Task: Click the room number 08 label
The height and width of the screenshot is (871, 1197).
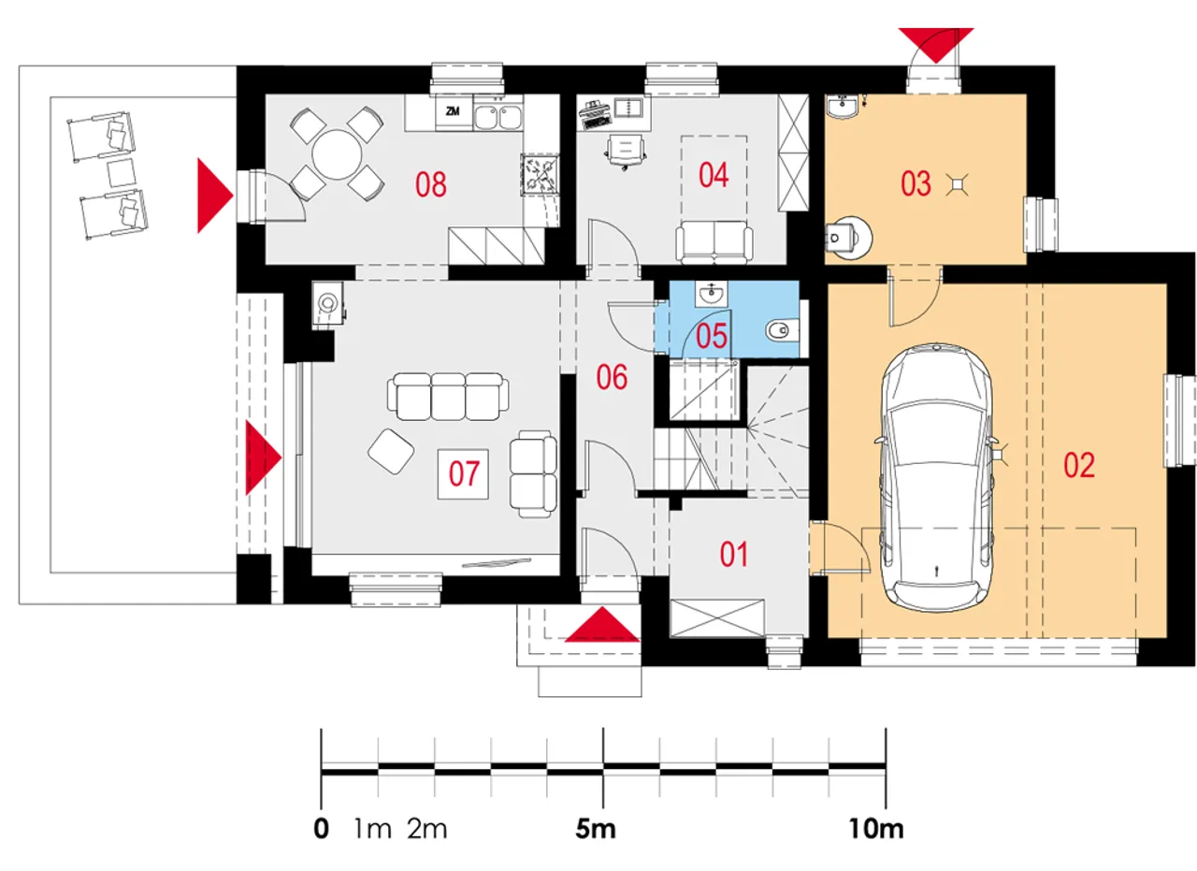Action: tap(431, 184)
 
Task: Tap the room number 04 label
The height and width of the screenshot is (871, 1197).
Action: tap(713, 175)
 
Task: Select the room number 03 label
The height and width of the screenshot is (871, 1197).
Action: tap(916, 183)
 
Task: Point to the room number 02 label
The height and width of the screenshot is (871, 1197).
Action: tap(1078, 465)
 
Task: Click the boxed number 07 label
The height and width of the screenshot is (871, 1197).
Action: tap(464, 474)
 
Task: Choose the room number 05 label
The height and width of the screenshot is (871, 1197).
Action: tap(712, 336)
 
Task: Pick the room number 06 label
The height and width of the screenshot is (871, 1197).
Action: tap(613, 378)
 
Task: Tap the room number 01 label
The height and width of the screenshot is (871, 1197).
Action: tap(734, 555)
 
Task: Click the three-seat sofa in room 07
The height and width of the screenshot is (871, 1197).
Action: tap(450, 397)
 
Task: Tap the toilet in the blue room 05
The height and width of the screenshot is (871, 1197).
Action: tap(778, 329)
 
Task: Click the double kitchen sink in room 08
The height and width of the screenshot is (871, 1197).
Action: tap(498, 116)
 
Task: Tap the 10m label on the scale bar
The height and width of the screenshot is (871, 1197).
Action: tap(876, 829)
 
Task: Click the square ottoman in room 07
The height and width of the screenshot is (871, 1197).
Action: tap(392, 450)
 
